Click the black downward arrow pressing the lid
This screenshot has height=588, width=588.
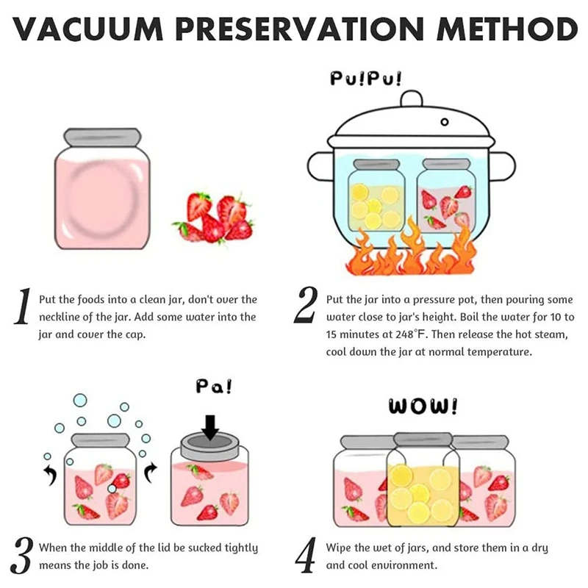(211, 426)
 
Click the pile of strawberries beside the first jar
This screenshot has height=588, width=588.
(214, 218)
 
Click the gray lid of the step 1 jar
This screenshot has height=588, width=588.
(102, 136)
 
